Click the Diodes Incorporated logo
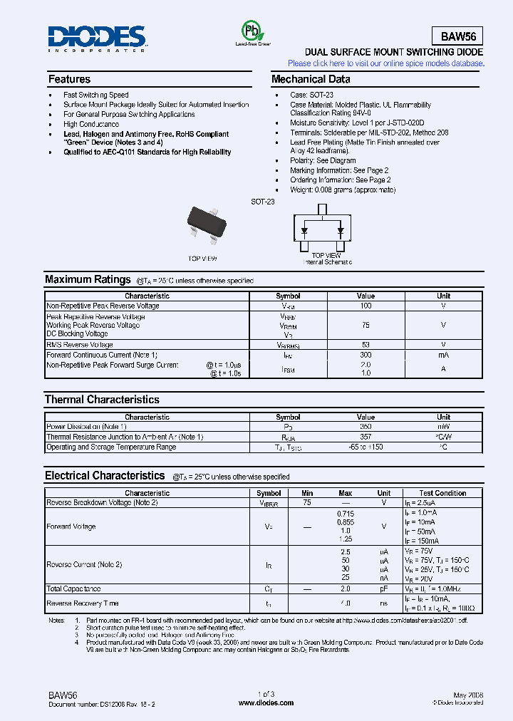(x=98, y=38)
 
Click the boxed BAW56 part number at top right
(x=457, y=36)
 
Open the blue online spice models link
(x=385, y=63)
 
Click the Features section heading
(x=69, y=79)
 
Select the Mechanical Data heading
(x=311, y=79)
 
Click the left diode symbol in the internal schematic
(x=304, y=231)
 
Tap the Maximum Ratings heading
(x=88, y=280)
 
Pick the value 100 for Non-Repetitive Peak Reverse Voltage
(x=366, y=306)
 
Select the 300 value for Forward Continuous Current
(x=366, y=354)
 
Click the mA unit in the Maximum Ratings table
(x=443, y=354)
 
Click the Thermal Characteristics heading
(x=102, y=400)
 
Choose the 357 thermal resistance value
(x=366, y=437)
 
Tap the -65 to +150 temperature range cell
(x=366, y=447)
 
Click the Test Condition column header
(x=442, y=493)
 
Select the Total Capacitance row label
(x=73, y=589)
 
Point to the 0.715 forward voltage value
(x=345, y=513)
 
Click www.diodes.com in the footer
(x=266, y=702)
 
